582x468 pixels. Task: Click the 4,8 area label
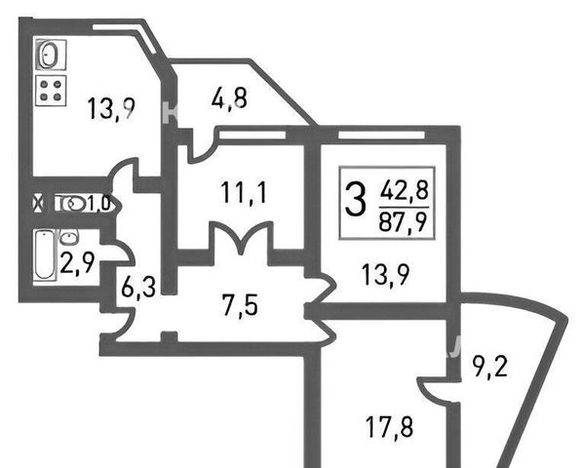coord(229,98)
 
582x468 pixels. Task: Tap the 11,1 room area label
coord(244,193)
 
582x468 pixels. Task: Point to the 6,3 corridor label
coord(138,286)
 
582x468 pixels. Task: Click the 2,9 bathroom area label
coord(77,263)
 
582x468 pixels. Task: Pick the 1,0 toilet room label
coord(98,204)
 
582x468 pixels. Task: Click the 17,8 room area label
coord(389,427)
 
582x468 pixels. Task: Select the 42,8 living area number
coord(404,190)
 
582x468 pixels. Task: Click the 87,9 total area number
coord(404,222)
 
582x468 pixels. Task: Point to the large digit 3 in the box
coord(355,201)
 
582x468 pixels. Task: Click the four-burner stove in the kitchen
coord(51,90)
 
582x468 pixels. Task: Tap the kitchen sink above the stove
coord(51,55)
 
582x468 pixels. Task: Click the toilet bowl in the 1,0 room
coord(74,204)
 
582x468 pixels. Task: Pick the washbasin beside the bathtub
coord(68,237)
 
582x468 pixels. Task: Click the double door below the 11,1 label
coord(242,238)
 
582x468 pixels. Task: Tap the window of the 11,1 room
coord(252,135)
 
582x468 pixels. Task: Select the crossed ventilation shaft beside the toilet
coord(38,204)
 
